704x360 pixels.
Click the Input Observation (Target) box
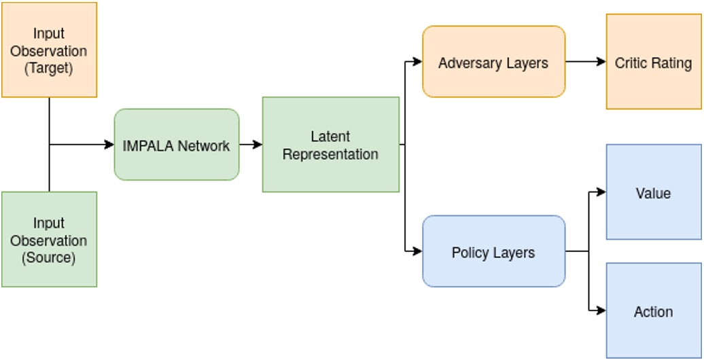coord(49,50)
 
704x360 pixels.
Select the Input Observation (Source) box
coord(49,239)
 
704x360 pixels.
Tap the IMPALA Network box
coord(177,145)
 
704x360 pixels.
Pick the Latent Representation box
coord(331,145)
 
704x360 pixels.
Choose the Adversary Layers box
coord(493,62)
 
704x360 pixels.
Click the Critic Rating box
coord(653,62)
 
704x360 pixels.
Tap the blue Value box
coord(653,192)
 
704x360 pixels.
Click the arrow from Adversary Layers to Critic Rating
coord(585,62)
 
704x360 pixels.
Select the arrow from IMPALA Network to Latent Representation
coord(251,145)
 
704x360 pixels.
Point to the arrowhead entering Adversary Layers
coord(417,62)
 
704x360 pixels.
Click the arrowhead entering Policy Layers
coord(417,251)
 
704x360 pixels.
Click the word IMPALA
coord(147,145)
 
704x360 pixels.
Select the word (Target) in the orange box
coord(49,69)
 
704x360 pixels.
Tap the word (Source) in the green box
coord(49,258)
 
